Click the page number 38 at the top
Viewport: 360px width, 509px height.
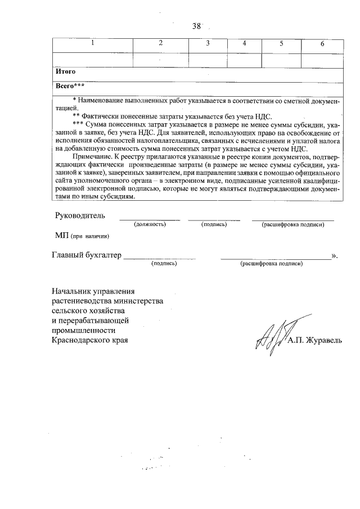[x=196, y=26]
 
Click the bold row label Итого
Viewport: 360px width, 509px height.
[x=66, y=72]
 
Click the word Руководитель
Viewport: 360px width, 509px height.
[x=79, y=215]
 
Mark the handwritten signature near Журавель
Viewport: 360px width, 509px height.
[x=271, y=337]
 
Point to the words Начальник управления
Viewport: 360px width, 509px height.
[x=93, y=291]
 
